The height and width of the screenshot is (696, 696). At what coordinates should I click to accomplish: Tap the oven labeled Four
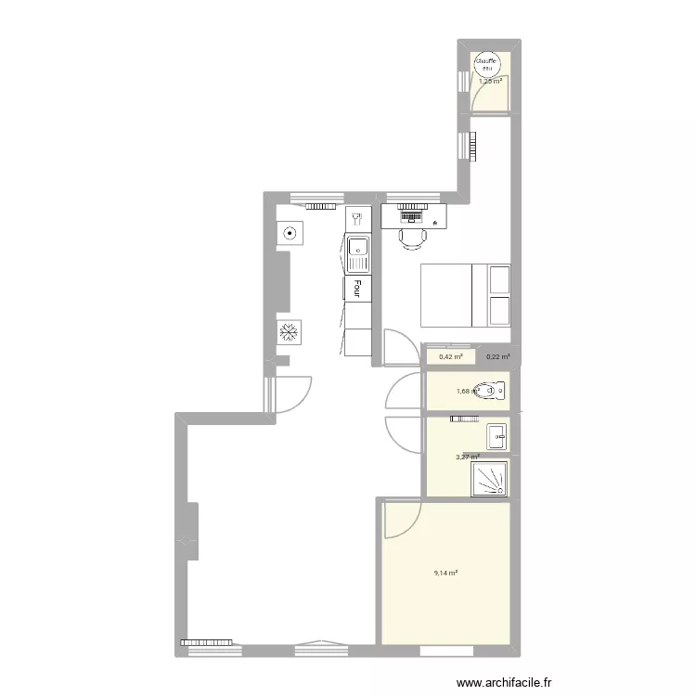coord(357,289)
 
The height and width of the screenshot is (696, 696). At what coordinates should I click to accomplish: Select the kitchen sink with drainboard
coord(357,255)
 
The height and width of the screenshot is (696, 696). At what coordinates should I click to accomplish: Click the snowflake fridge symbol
coord(289,331)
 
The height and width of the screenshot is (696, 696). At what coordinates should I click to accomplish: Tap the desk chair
coord(413,238)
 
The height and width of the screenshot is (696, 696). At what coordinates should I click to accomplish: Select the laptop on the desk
coord(408,216)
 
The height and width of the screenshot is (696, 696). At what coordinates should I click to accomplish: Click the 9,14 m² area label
coord(446,573)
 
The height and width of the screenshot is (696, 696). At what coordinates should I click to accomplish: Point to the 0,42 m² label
coord(451,356)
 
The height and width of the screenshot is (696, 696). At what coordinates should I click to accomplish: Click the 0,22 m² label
coord(498,356)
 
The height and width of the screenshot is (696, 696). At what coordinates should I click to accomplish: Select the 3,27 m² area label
coord(467,457)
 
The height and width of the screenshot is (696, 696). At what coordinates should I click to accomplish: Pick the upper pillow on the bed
coord(499,280)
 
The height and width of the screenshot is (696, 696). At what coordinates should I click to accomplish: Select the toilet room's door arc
coord(403,391)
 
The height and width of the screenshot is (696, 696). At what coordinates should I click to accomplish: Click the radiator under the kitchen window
coord(322,206)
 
